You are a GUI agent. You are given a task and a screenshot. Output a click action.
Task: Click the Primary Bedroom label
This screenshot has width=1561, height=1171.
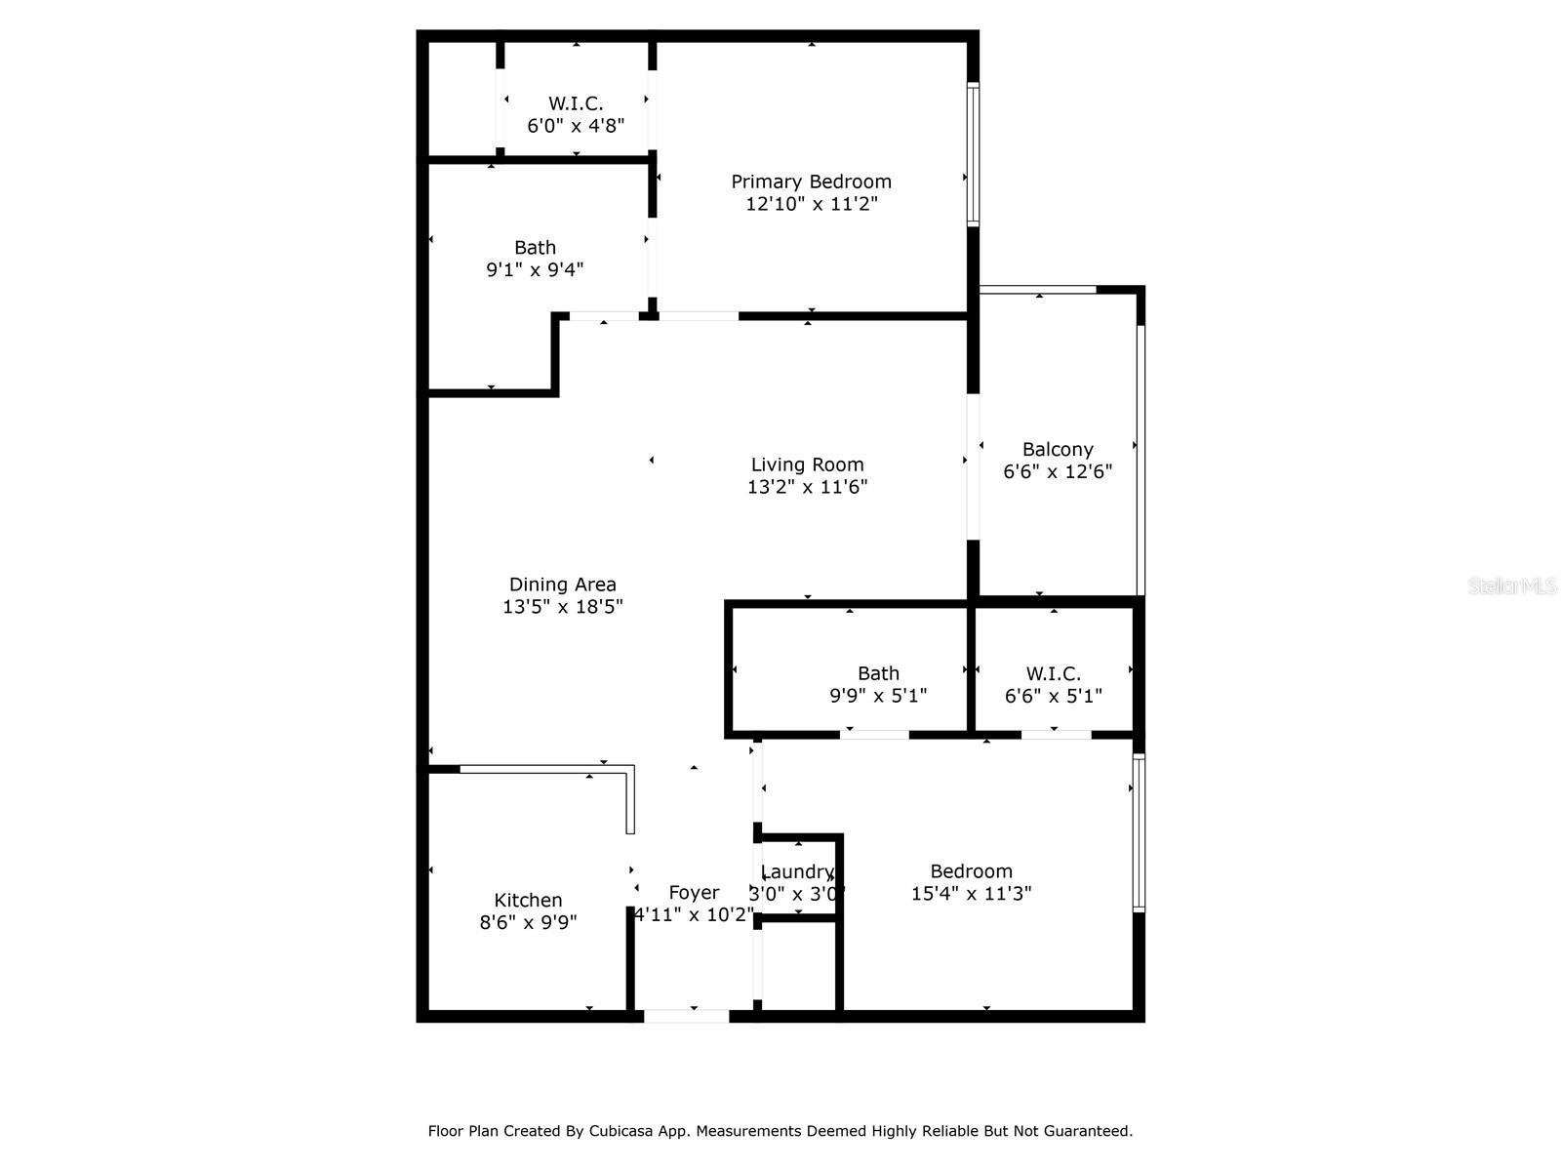(x=811, y=182)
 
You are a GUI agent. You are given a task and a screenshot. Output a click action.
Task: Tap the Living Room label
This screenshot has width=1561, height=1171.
(x=807, y=464)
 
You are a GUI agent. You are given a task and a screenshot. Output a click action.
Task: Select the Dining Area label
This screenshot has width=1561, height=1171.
(x=562, y=585)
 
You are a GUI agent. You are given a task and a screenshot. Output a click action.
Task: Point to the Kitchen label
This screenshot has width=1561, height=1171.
(x=528, y=900)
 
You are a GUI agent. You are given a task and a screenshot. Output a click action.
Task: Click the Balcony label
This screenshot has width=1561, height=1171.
(x=1058, y=449)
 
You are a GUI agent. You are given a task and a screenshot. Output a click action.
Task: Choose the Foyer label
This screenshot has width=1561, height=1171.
(x=694, y=892)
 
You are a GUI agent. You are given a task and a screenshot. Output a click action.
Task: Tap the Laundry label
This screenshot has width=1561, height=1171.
(x=797, y=871)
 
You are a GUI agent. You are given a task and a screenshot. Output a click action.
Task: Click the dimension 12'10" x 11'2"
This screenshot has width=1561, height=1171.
(x=812, y=204)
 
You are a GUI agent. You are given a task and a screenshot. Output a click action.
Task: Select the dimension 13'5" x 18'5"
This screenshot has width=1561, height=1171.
(x=562, y=607)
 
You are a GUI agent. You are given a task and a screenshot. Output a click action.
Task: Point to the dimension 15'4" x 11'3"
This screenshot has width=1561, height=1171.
(x=971, y=893)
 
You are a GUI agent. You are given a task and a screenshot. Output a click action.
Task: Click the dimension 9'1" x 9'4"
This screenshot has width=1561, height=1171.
(x=535, y=269)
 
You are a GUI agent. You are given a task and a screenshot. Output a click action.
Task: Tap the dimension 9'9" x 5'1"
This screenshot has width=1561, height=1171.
(x=877, y=696)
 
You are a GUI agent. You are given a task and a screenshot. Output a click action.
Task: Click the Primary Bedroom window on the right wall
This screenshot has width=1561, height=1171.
(x=973, y=154)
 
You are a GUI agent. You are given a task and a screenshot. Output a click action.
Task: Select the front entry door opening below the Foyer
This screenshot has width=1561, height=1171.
(x=686, y=1016)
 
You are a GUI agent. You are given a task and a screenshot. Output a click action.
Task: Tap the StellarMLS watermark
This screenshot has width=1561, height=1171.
(x=1512, y=585)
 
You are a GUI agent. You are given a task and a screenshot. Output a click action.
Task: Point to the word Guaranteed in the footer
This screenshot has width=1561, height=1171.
(x=1086, y=1131)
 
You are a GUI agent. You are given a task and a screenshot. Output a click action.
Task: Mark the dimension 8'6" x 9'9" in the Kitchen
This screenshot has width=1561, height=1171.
(x=528, y=922)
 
